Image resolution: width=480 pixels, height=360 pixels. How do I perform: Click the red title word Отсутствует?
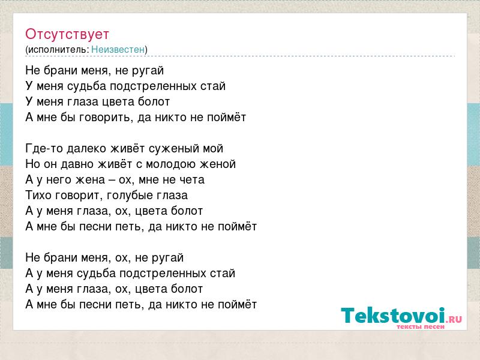[67, 34]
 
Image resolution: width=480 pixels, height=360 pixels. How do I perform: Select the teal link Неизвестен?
[118, 50]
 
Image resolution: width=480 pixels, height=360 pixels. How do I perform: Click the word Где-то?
[44, 148]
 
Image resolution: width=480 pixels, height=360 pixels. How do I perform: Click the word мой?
[213, 149]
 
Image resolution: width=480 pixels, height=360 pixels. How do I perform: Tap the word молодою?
[171, 164]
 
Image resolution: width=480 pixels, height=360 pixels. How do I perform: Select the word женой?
[218, 164]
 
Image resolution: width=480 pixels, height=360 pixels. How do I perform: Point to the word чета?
[192, 180]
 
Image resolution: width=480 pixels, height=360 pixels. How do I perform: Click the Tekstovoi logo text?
[393, 316]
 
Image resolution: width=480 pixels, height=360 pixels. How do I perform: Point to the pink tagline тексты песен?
[421, 326]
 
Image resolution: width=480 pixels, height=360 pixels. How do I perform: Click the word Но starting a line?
[33, 164]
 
